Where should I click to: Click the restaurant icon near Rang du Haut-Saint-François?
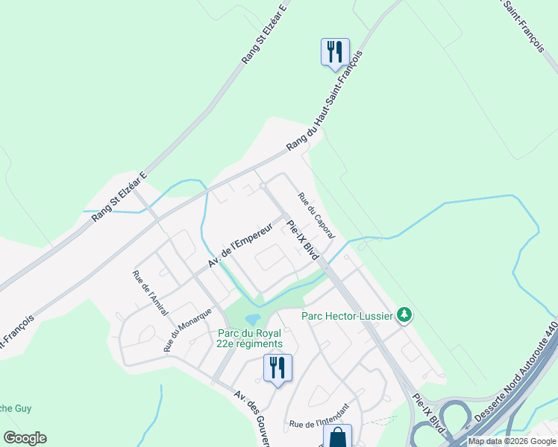(x=333, y=51)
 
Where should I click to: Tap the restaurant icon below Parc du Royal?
(x=278, y=367)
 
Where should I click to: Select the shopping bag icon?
(x=337, y=437)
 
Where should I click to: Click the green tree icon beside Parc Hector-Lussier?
(x=404, y=315)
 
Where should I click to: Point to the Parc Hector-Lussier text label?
(x=347, y=316)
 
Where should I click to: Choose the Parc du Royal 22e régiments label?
(x=250, y=338)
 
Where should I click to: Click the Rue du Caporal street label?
(x=317, y=215)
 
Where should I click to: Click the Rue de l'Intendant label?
(x=318, y=424)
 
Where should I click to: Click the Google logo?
(x=25, y=438)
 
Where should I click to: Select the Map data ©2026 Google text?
(x=512, y=441)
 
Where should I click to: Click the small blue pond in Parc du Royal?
(x=252, y=319)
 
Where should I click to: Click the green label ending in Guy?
(x=15, y=408)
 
